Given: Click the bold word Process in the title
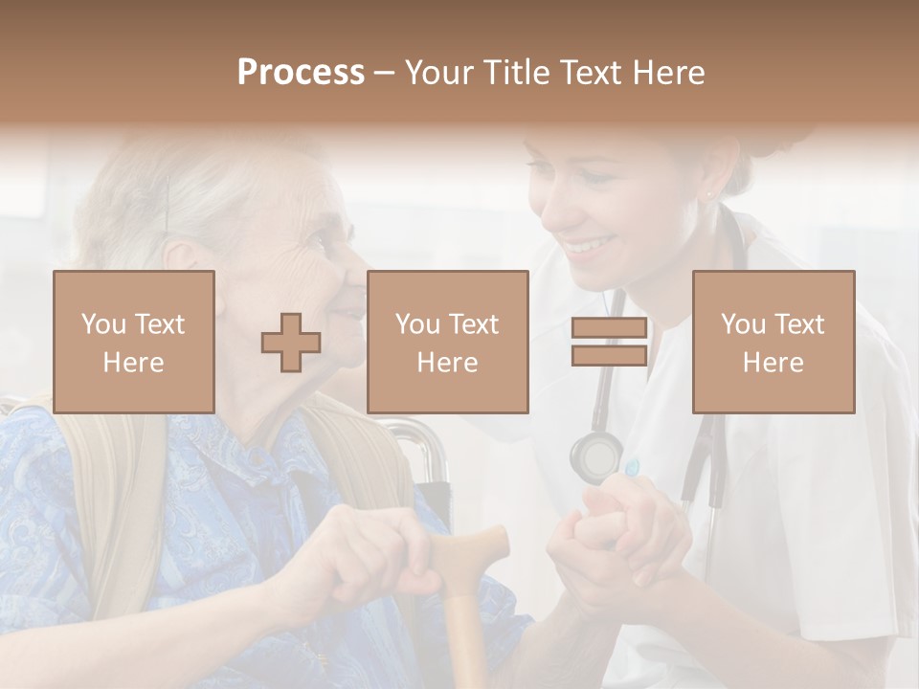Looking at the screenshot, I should click(301, 73).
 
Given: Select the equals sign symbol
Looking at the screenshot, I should click(609, 343).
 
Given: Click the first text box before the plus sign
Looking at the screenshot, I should click(134, 342).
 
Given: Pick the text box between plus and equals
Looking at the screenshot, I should click(447, 342).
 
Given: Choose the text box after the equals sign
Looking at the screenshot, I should click(773, 342).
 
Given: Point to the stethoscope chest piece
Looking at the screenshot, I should click(595, 457).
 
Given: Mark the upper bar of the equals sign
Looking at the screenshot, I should click(609, 328).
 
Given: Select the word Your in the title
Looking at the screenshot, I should click(439, 73).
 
